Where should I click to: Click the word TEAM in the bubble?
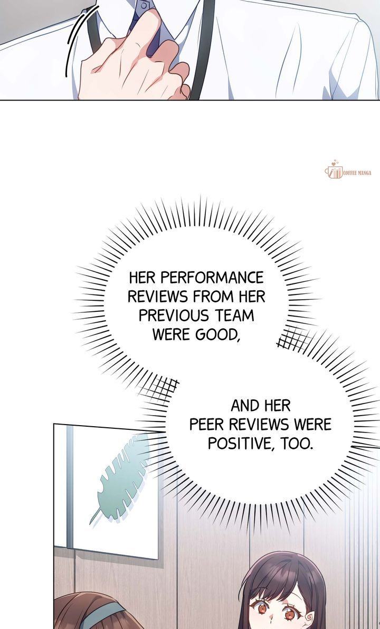tap(234, 316)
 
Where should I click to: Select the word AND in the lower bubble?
tap(244, 406)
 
